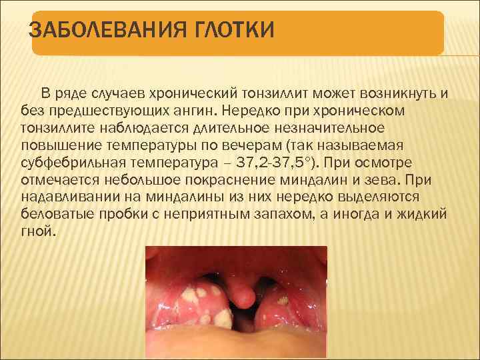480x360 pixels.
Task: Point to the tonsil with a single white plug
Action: (x=284, y=303)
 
